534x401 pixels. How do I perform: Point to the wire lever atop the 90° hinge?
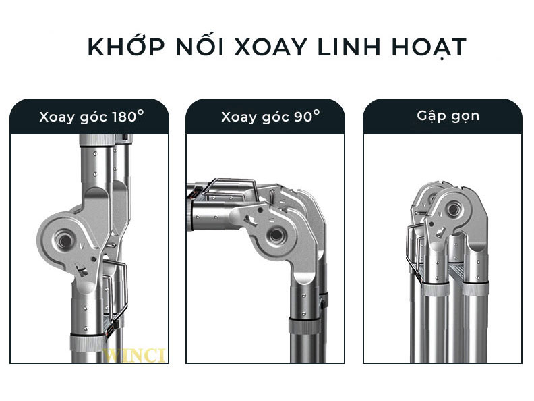[x=233, y=185]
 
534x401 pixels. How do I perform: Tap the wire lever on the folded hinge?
[x=411, y=253]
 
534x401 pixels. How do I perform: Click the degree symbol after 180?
[x=140, y=112]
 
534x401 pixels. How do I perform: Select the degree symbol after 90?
[x=316, y=112]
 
